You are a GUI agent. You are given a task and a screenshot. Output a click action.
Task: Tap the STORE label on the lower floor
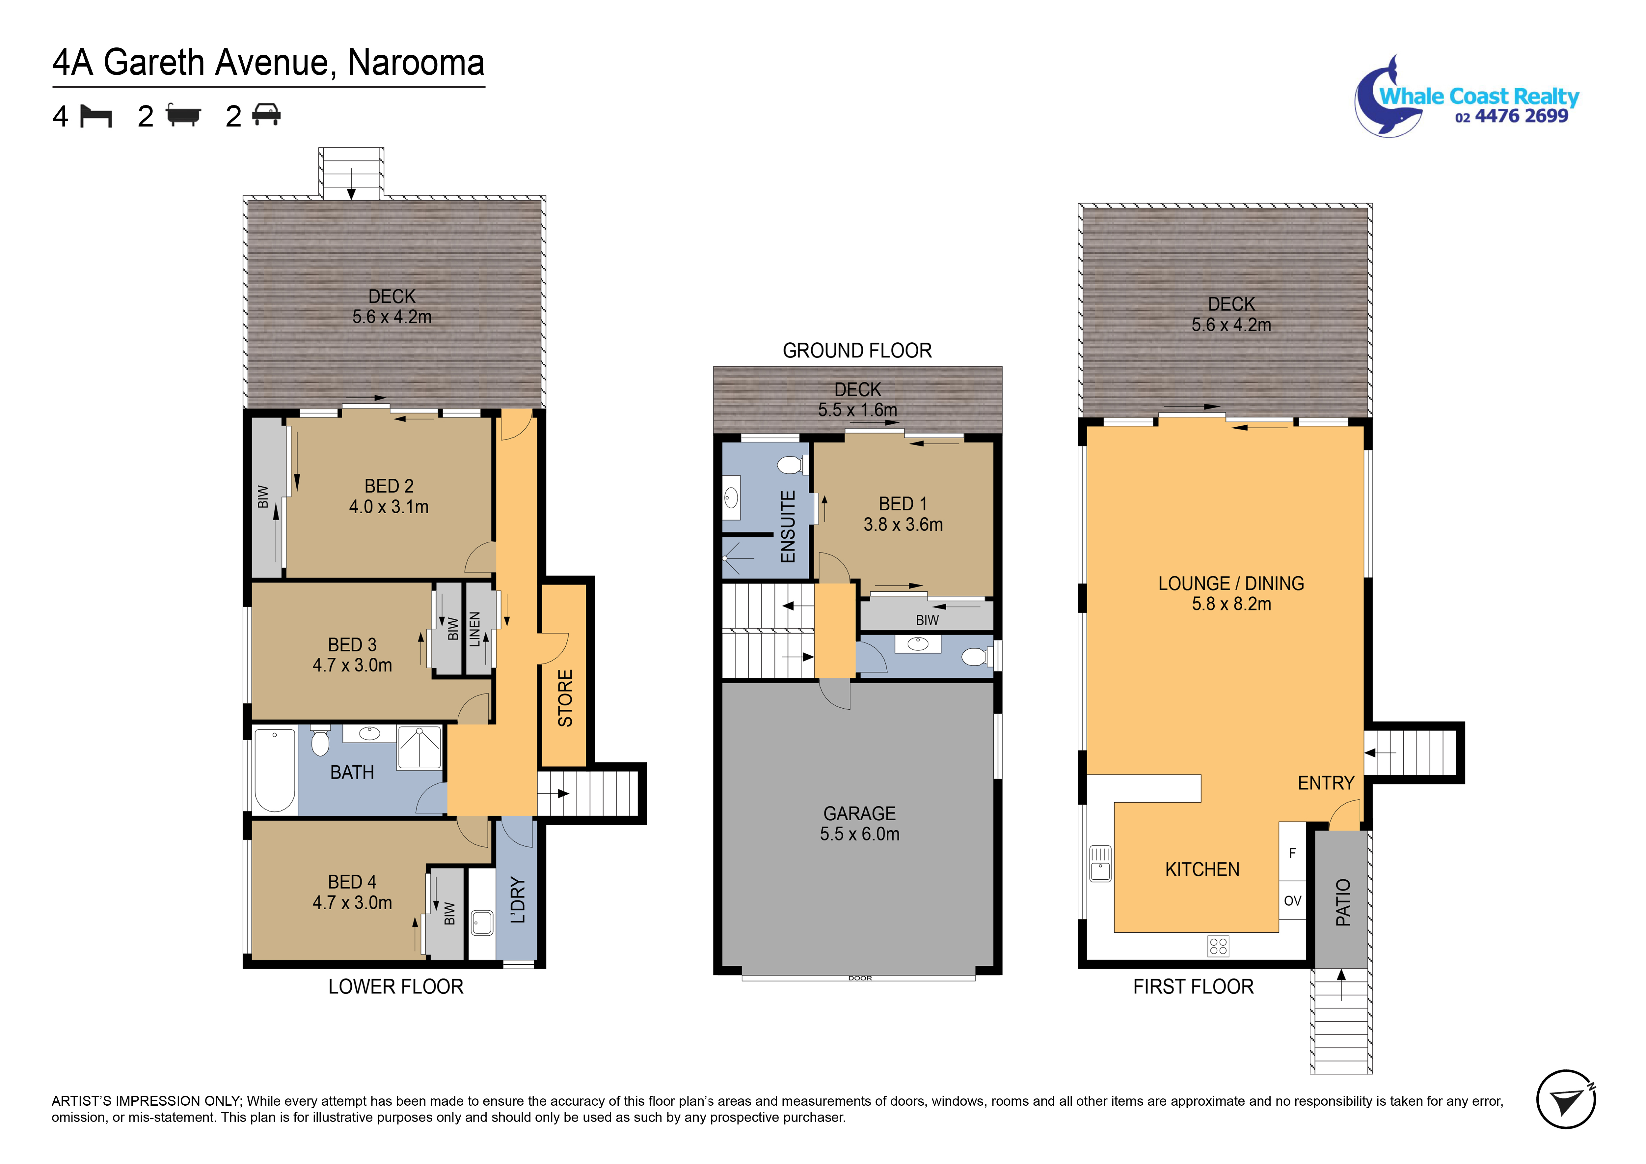(x=565, y=698)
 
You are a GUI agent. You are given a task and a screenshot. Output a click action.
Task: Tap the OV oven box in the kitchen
(x=1293, y=901)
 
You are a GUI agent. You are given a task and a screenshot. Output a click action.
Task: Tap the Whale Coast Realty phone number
(x=1511, y=116)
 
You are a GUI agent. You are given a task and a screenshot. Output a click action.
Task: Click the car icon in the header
(x=266, y=115)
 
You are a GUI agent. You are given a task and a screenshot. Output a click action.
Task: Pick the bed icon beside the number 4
(x=96, y=116)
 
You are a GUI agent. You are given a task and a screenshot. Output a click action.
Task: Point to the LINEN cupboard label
(x=474, y=629)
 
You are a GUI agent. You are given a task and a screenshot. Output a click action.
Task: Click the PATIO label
(x=1343, y=902)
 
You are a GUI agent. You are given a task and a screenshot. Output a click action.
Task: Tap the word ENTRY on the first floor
(x=1326, y=783)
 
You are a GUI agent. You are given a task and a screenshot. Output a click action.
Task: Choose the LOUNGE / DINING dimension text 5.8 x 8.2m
(x=1231, y=604)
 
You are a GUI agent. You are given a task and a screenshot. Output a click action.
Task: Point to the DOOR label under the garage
(x=860, y=978)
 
